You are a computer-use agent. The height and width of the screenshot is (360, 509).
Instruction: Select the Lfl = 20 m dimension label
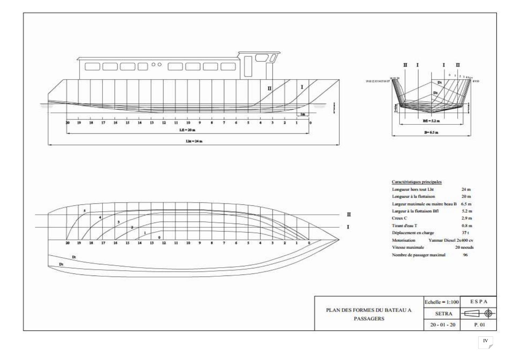(187, 130)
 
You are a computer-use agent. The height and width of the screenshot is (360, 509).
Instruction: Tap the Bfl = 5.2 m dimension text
(431, 121)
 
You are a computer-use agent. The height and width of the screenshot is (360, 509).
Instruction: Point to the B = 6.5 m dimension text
(431, 132)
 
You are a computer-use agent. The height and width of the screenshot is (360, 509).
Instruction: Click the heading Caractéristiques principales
(416, 182)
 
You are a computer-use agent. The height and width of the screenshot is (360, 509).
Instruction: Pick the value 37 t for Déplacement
(465, 233)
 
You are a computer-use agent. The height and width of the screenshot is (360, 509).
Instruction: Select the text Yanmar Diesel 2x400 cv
(451, 240)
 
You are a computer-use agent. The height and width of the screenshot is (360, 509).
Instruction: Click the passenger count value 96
(465, 255)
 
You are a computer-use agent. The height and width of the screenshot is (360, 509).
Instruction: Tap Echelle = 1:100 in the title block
(442, 302)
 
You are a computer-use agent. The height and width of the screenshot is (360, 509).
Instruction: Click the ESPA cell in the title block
(479, 302)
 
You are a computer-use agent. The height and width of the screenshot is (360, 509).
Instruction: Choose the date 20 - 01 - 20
(442, 325)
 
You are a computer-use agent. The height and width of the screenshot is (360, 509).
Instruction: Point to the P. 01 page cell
(479, 325)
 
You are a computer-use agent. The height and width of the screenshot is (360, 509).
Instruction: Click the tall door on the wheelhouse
(248, 66)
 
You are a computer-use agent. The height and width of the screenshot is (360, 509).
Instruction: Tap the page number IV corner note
(485, 341)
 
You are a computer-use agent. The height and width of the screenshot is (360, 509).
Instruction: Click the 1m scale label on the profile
(303, 114)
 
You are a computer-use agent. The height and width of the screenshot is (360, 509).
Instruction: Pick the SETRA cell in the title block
(443, 314)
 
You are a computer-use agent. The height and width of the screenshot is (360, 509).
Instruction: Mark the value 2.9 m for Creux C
(467, 218)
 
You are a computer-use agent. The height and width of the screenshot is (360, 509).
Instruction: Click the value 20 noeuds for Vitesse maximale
(464, 247)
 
